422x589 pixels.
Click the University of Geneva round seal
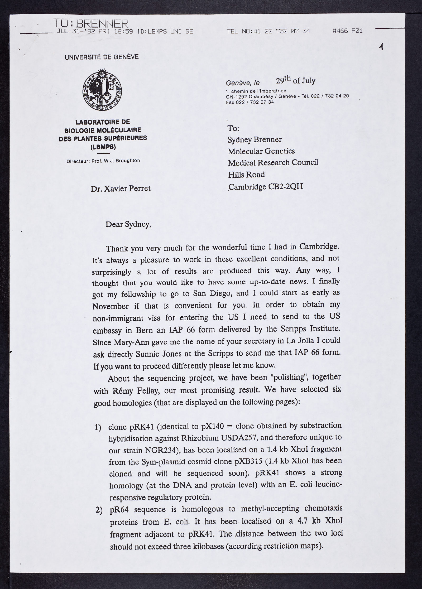coord(103,89)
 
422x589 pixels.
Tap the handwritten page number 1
coord(381,47)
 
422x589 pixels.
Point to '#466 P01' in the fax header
coord(348,31)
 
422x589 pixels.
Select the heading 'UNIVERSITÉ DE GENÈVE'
coord(102,57)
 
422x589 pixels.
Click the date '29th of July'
coord(295,81)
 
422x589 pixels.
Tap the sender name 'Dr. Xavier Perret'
coord(121,189)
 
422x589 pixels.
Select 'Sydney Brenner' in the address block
coord(255,139)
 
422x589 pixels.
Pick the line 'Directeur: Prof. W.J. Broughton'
coord(103,161)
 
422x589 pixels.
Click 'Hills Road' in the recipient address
coord(246,175)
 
